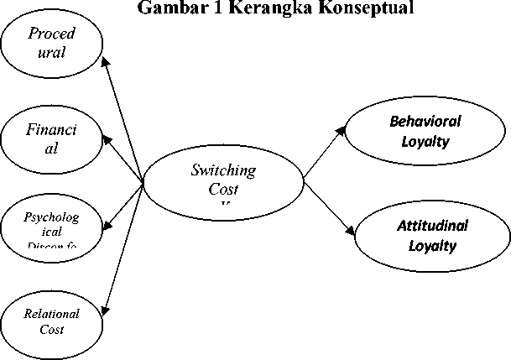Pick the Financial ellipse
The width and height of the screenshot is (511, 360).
tap(51, 139)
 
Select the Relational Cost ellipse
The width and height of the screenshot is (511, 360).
tap(51, 321)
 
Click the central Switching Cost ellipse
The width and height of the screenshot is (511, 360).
tap(222, 182)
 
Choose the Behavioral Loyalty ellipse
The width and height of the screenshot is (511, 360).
tap(425, 132)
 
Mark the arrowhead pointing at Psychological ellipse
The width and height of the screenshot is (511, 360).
tap(106, 227)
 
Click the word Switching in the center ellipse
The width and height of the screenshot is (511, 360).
tap(223, 170)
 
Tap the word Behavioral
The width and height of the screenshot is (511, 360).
tap(425, 121)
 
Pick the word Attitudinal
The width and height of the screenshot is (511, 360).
tap(432, 226)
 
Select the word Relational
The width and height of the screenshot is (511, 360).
tap(52, 314)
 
